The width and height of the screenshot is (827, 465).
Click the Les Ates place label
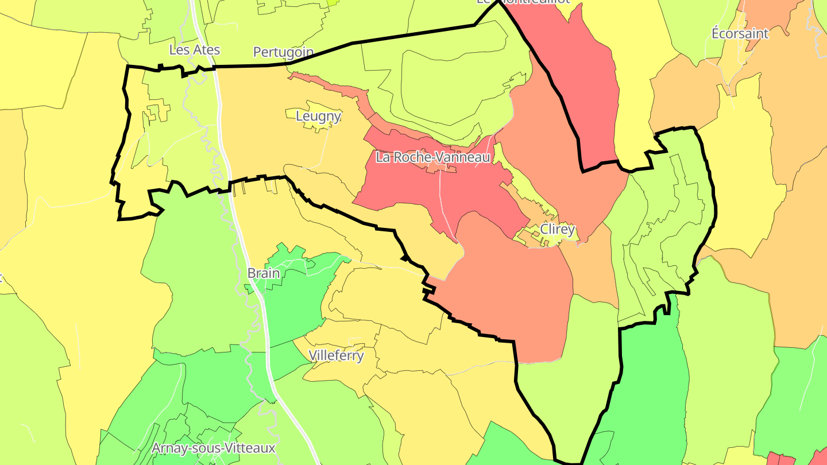pyautogui.click(x=194, y=50)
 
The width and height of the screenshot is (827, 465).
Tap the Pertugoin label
pyautogui.click(x=283, y=52)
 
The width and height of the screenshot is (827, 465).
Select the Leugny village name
pyautogui.click(x=318, y=117)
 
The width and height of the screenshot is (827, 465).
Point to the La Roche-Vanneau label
pyautogui.click(x=433, y=157)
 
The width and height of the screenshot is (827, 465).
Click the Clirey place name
pyautogui.click(x=557, y=230)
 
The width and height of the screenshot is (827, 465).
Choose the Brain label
pyautogui.click(x=264, y=273)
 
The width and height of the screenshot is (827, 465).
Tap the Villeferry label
pyautogui.click(x=336, y=355)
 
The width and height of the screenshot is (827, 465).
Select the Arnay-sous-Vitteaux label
pyautogui.click(x=214, y=448)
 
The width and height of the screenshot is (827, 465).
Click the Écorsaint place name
pyautogui.click(x=740, y=33)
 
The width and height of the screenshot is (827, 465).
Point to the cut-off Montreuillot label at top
pyautogui.click(x=523, y=2)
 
